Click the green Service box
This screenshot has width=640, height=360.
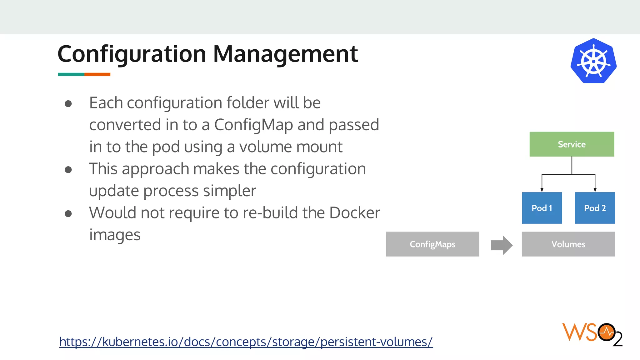click(x=572, y=144)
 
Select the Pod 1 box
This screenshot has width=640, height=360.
click(x=542, y=208)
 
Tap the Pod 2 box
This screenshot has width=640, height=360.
click(x=595, y=208)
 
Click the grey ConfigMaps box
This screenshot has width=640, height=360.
click(x=432, y=244)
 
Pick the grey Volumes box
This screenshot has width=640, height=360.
click(x=568, y=244)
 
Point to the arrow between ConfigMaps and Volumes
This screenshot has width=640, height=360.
click(x=502, y=245)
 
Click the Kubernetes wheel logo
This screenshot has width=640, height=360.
click(x=593, y=61)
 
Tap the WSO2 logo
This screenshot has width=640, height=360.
click(x=592, y=334)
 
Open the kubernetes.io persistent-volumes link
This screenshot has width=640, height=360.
click(x=246, y=342)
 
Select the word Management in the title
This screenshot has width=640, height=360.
click(x=285, y=54)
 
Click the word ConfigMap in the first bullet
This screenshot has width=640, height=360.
click(x=253, y=125)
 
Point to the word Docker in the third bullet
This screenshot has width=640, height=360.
click(x=355, y=213)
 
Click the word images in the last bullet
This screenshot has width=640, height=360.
click(x=115, y=235)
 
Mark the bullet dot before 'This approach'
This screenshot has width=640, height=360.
click(x=68, y=170)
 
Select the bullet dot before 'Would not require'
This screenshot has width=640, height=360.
click(x=68, y=214)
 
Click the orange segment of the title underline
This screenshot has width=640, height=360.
click(x=97, y=74)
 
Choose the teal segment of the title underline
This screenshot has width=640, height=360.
click(x=71, y=74)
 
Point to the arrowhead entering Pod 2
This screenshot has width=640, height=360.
click(x=595, y=190)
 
